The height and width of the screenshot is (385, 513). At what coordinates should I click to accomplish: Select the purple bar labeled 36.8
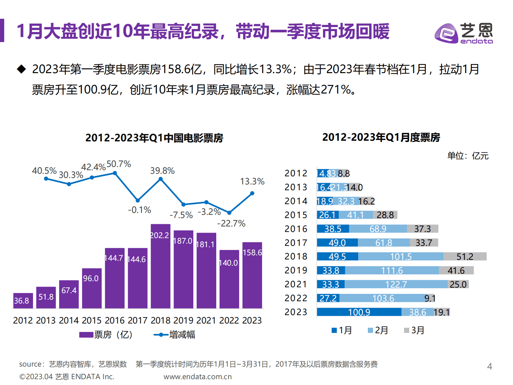point(23,301)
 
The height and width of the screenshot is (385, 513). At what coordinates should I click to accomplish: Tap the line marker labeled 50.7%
point(115,173)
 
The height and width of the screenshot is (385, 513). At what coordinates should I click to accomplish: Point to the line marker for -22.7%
point(229,213)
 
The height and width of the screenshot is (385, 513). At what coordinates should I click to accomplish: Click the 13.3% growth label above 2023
point(252,181)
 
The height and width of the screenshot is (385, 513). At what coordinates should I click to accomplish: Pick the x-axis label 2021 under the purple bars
point(206,320)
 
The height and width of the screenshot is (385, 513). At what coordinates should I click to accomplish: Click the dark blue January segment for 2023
point(359,312)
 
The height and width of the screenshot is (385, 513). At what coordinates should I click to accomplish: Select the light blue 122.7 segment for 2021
point(396,284)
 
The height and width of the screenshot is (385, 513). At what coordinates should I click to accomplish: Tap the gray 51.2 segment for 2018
point(465,257)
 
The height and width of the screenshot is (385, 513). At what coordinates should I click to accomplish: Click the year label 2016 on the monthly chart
point(296,229)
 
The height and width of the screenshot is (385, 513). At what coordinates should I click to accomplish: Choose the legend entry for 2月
point(378,330)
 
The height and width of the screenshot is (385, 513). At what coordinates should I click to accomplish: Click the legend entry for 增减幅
point(175,335)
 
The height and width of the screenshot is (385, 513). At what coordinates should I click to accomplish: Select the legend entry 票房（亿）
point(106,335)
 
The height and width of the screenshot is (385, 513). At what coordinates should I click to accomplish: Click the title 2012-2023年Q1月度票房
point(381,137)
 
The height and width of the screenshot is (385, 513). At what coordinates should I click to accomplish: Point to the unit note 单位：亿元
point(467,156)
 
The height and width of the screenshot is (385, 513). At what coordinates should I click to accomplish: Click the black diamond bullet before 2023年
point(21,69)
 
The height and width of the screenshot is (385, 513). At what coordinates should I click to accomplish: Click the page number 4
point(489,366)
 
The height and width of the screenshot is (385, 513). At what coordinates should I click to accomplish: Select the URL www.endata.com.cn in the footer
point(198,377)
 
